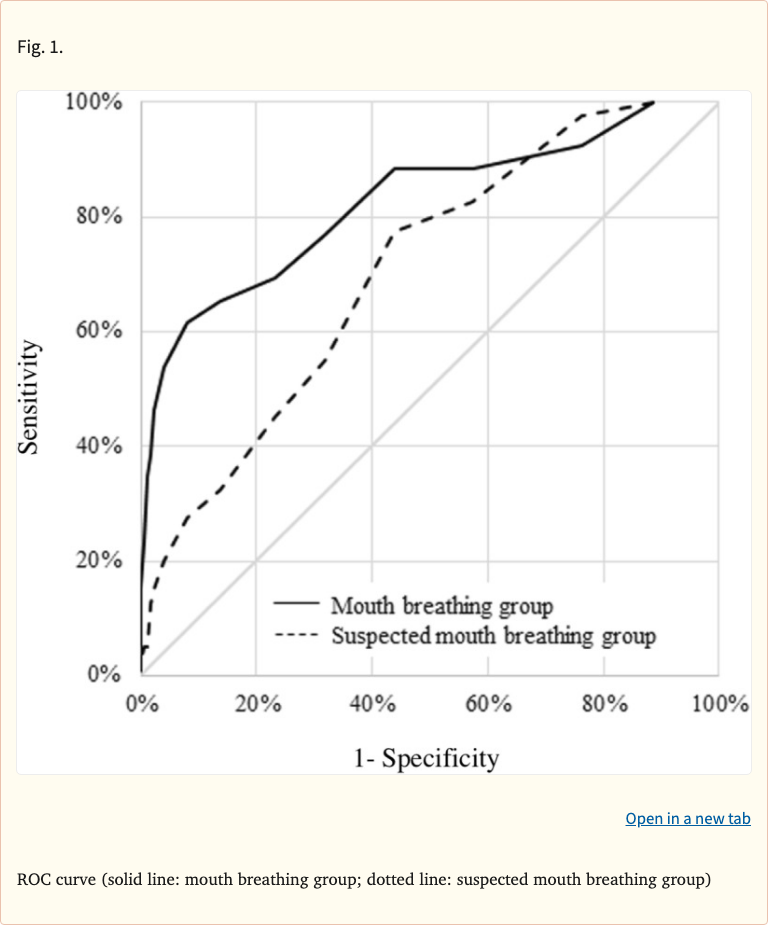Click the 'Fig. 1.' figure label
coord(40,47)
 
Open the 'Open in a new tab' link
coord(687,818)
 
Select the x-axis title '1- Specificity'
coord(425,758)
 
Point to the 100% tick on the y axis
coord(94,102)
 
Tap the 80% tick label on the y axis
coord(100,217)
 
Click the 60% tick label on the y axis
coord(100,331)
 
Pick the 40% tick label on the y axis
coord(100,446)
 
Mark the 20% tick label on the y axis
coord(100,560)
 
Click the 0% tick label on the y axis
coord(105,674)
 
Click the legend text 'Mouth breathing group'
coord(441,606)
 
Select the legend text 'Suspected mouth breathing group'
coord(493,635)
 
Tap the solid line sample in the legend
coord(297,605)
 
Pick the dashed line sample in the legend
coord(297,635)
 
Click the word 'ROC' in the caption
coord(35,880)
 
